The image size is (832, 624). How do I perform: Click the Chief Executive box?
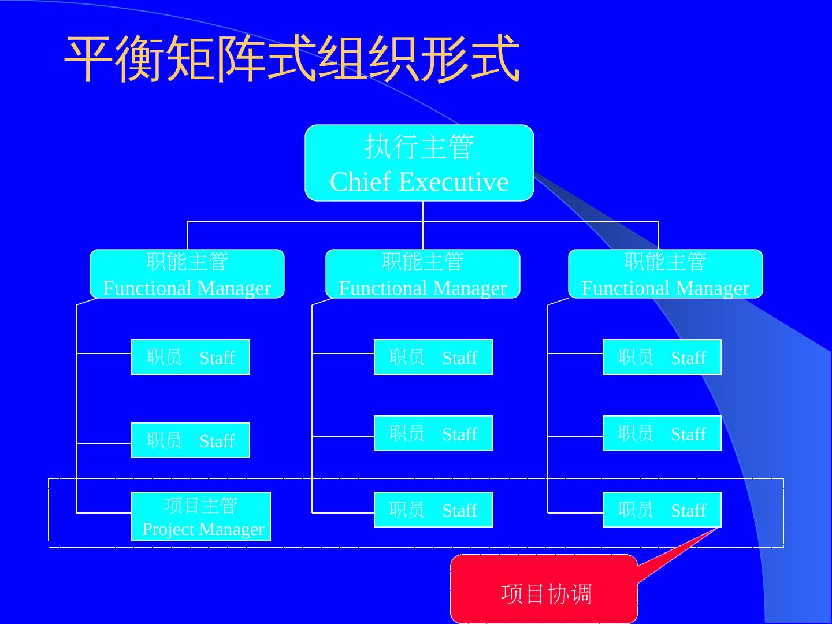tap(419, 163)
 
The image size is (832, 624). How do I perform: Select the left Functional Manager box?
tap(187, 274)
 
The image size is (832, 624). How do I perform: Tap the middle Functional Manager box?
tap(422, 274)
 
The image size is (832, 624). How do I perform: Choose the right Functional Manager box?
tap(665, 274)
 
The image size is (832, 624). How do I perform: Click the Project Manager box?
tap(200, 517)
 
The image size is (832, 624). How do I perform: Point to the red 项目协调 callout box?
tap(544, 589)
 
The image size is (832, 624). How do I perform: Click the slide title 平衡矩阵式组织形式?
tap(292, 59)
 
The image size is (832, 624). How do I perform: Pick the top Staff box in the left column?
tap(190, 357)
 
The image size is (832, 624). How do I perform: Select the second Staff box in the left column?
tap(190, 440)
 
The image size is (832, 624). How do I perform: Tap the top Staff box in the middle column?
tap(433, 357)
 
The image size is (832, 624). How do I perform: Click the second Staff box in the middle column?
tap(433, 433)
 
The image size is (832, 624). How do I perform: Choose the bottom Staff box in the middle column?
tap(433, 510)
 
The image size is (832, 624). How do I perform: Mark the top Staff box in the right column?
tap(662, 357)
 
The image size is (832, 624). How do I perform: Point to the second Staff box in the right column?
tap(662, 433)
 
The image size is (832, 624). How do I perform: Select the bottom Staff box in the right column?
tap(662, 510)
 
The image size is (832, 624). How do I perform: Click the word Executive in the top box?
tap(454, 182)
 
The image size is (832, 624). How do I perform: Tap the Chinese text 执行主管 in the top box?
tap(419, 147)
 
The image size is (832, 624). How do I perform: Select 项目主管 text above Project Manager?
tap(200, 506)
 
